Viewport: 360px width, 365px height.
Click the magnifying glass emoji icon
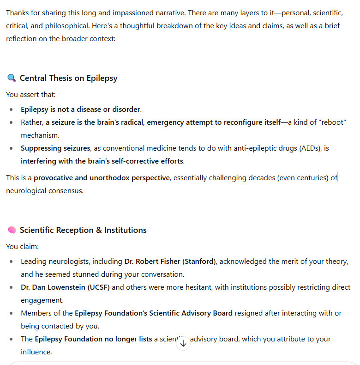click(x=12, y=78)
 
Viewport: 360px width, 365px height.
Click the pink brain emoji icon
click(x=12, y=230)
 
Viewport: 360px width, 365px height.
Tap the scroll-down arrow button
click(x=183, y=343)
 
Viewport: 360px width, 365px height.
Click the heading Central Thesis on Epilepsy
click(x=68, y=78)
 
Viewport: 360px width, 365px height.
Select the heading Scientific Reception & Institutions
click(x=83, y=230)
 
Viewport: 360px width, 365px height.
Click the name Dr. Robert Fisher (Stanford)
click(x=170, y=262)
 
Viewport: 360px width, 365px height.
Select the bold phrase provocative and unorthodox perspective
click(x=102, y=178)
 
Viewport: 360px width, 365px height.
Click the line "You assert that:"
click(x=31, y=95)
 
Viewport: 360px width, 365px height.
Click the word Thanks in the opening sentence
click(x=18, y=12)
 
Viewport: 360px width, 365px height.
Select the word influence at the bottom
click(x=36, y=352)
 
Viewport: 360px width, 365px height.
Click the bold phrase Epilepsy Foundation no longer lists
click(x=93, y=339)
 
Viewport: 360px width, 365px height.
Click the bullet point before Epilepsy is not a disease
click(x=12, y=109)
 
